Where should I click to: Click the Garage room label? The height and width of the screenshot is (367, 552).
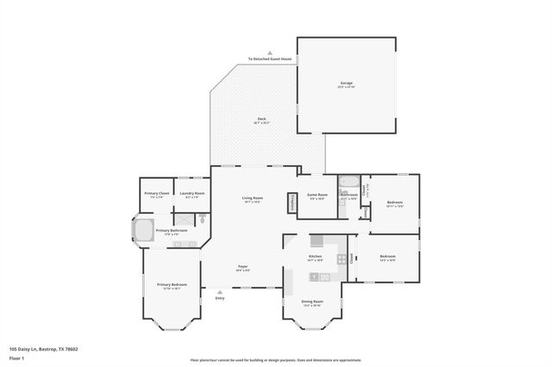(346, 84)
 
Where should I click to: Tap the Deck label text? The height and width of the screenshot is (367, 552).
(262, 119)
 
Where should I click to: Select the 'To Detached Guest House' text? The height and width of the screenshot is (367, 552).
(270, 59)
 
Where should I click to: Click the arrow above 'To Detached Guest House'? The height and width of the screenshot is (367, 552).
(270, 53)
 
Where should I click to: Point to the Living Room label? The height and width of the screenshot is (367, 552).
(252, 198)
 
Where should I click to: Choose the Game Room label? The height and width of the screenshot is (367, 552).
(317, 196)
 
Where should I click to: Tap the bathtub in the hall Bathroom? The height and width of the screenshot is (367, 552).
(348, 182)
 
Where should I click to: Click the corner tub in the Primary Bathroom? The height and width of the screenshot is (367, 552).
(141, 231)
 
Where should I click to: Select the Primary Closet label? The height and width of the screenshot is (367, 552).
(156, 194)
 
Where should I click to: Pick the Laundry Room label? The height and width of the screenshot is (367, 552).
(191, 194)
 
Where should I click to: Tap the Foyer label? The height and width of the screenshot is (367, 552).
(243, 267)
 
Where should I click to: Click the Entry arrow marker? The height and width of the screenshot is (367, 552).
(220, 291)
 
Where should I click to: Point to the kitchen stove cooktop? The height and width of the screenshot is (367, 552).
(342, 258)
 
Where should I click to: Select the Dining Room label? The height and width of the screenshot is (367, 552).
(311, 302)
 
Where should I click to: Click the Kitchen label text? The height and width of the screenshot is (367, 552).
(316, 257)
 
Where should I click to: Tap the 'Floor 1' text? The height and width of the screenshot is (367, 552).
(16, 357)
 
